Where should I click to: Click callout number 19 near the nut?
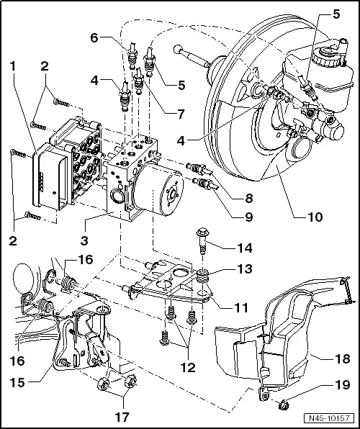point(345,385)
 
